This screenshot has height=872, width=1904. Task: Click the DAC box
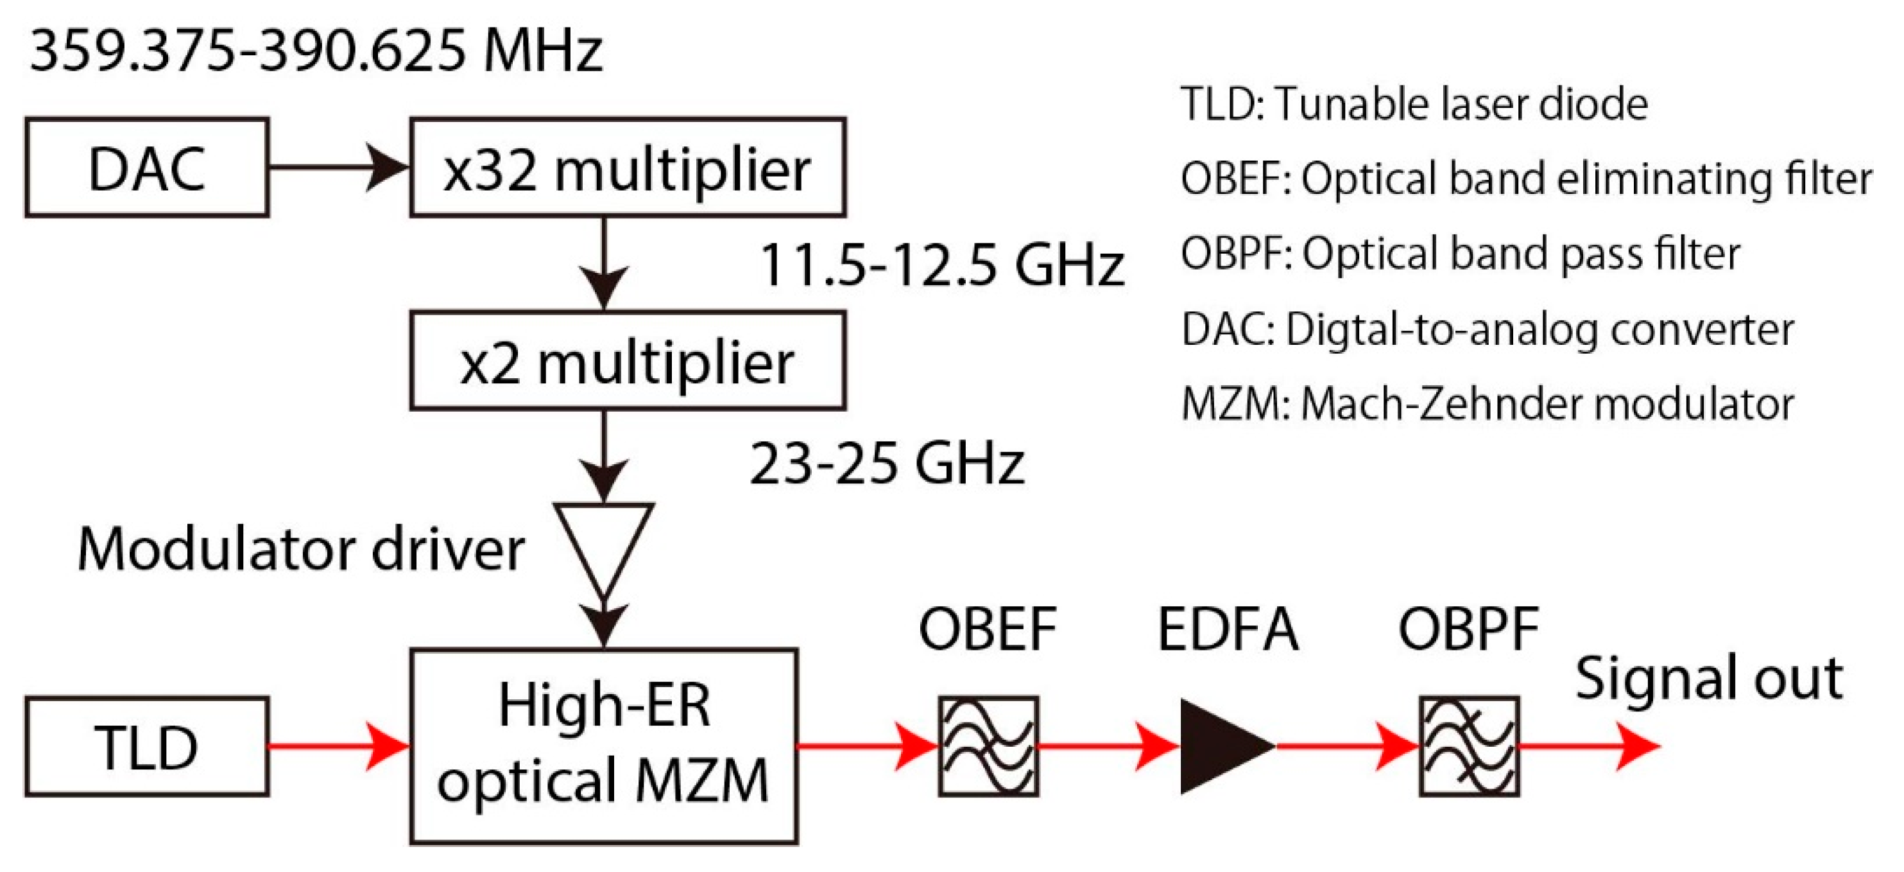pos(146,168)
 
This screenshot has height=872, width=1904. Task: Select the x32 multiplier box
pos(628,168)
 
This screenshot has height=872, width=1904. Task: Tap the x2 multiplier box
pos(628,361)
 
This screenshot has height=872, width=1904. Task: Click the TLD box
pos(146,746)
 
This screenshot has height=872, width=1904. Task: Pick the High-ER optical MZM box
pos(604,746)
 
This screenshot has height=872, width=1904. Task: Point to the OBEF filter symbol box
pos(988,746)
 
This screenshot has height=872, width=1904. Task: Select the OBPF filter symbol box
pos(1470,746)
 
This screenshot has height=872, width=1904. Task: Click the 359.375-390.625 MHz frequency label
pos(316,52)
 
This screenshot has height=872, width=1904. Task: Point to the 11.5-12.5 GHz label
pos(941,265)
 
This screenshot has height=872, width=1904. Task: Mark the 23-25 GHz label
pos(887,464)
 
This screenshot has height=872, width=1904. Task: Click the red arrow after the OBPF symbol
pos(1589,746)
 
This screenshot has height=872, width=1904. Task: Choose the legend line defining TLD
pos(1414,103)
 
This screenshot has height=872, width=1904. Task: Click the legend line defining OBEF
pos(1526,179)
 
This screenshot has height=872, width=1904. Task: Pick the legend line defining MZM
pos(1487,404)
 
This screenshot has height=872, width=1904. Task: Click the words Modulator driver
pos(301,550)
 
